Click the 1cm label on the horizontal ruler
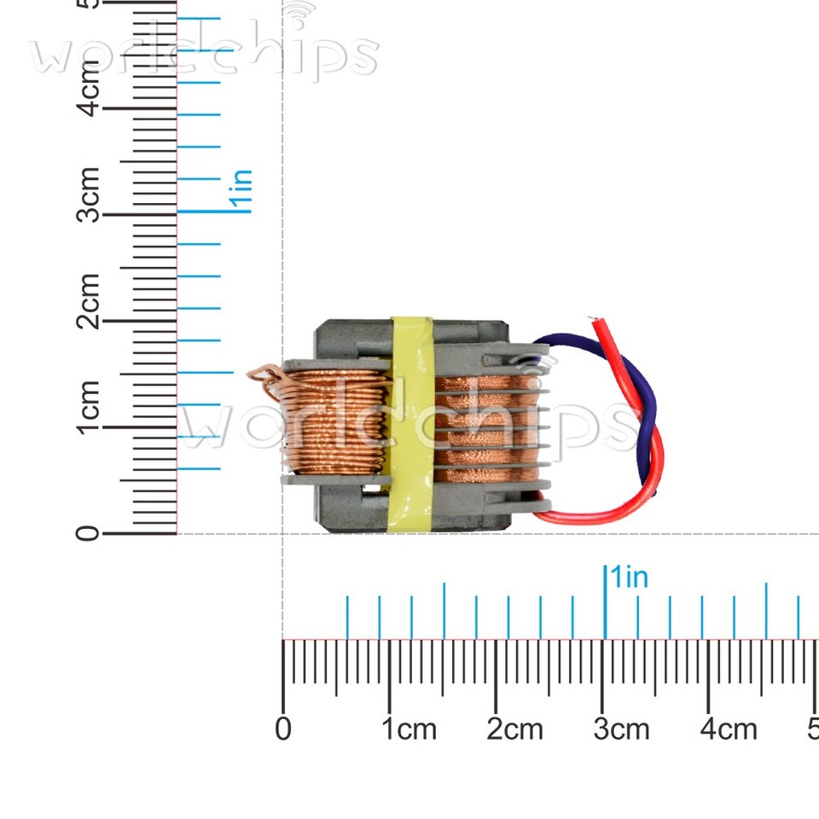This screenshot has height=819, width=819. click(409, 729)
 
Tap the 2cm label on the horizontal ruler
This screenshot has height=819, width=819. click(515, 729)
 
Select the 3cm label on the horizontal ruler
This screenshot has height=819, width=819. click(621, 729)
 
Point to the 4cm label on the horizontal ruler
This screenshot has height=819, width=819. click(728, 729)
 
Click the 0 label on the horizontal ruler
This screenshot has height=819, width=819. click(283, 729)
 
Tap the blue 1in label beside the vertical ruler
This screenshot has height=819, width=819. click(241, 190)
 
